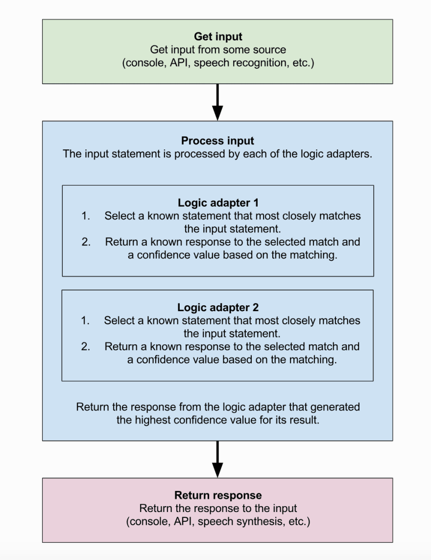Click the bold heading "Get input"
coord(218,37)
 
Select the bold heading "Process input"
coord(217,141)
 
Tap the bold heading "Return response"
coord(218,495)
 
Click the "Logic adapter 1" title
coord(217,203)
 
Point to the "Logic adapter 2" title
coord(217,308)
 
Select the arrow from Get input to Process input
coord(217,102)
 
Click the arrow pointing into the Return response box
coord(217,459)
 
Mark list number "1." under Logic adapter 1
coord(86,216)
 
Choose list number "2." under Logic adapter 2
coord(86,347)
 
